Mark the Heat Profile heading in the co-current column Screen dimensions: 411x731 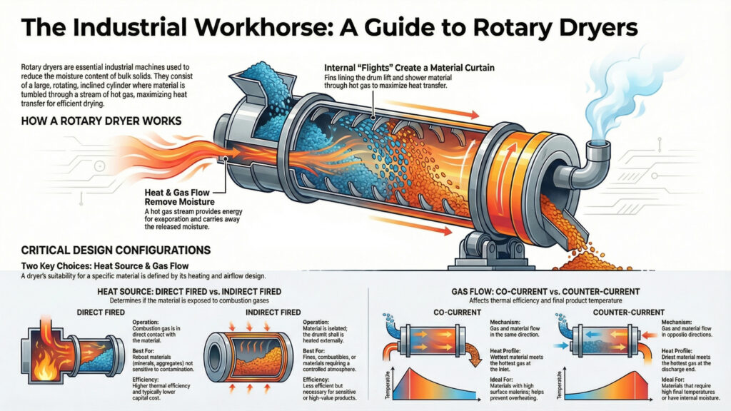coord(507,350)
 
